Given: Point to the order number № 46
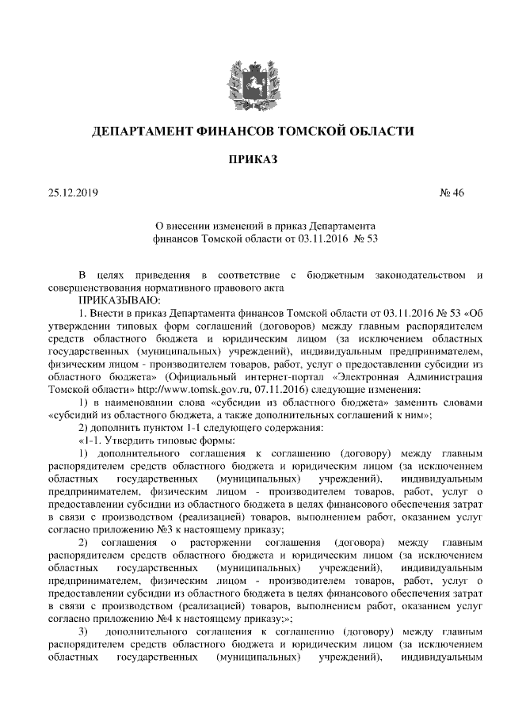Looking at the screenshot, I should coord(452,193).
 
